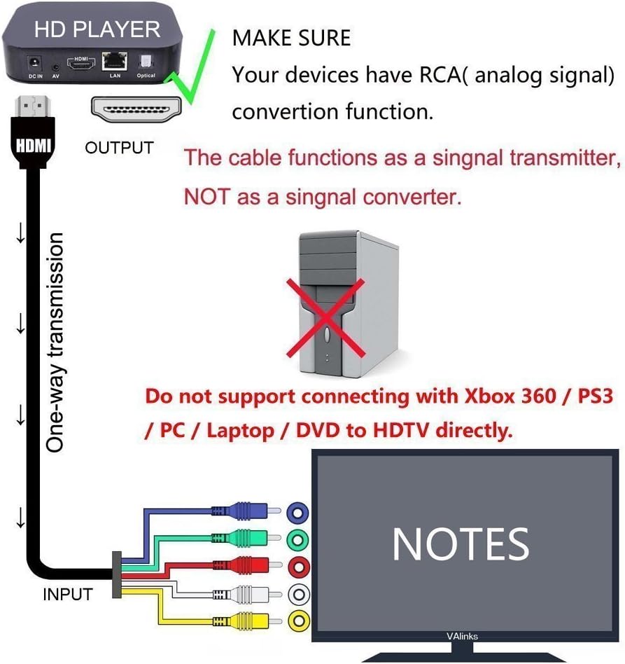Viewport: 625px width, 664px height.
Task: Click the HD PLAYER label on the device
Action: coord(97,29)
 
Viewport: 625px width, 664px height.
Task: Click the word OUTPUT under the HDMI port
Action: coord(119,148)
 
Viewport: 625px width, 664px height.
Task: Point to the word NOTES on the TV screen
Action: coord(461,544)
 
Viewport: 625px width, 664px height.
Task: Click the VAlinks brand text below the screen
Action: coord(462,637)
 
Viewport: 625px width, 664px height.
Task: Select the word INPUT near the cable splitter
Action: coord(67,595)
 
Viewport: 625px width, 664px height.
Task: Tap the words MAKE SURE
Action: coord(291,37)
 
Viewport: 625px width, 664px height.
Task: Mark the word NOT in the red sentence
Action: coord(206,197)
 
